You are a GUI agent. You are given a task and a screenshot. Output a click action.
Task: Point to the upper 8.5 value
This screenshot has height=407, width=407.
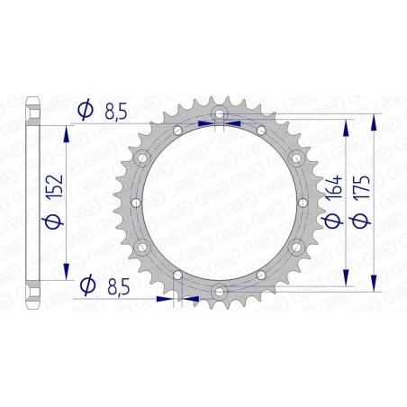click(115, 110)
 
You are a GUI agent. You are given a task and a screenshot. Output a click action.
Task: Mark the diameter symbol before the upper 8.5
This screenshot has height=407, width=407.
click(85, 110)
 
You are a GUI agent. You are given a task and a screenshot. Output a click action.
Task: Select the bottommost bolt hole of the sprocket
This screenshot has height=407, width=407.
click(218, 286)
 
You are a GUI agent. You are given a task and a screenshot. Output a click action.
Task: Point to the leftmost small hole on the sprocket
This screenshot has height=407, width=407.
click(131, 200)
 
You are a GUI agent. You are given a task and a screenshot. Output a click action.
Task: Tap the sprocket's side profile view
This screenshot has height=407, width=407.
click(33, 200)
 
